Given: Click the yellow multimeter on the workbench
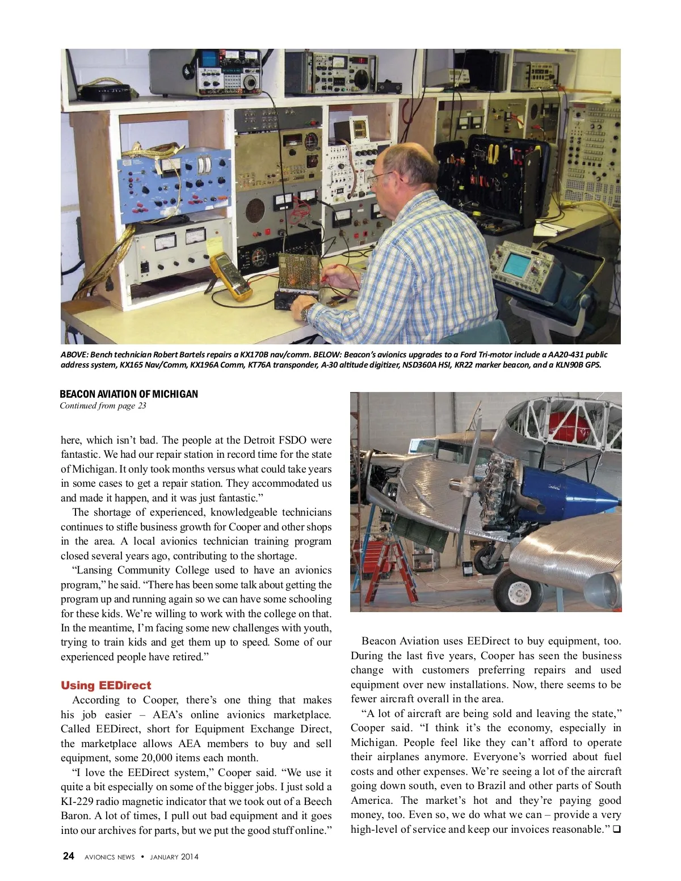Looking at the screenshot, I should pyautogui.click(x=230, y=276).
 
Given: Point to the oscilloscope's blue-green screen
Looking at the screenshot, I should pyautogui.click(x=516, y=263).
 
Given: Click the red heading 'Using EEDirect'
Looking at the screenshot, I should pyautogui.click(x=106, y=685).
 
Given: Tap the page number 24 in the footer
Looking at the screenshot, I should pyautogui.click(x=68, y=856).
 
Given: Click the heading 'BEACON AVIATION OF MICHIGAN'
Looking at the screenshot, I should pyautogui.click(x=129, y=394).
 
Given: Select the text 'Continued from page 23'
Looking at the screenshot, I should pyautogui.click(x=103, y=406).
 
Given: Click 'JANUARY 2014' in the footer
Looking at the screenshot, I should pyautogui.click(x=174, y=857).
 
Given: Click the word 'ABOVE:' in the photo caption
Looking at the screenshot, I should pyautogui.click(x=74, y=355).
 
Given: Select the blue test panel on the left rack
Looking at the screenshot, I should pyautogui.click(x=174, y=179).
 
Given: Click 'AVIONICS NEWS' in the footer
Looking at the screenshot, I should pyautogui.click(x=110, y=857).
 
